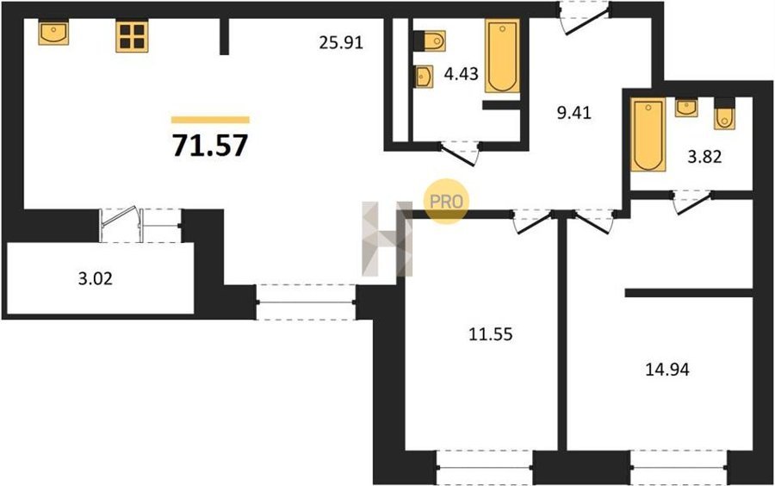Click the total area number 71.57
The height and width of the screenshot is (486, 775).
coord(210,146)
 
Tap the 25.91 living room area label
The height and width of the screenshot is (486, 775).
coord(341,43)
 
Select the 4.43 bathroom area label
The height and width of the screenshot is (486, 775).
coord(462,74)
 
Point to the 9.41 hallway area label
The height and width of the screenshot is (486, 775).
coord(573,113)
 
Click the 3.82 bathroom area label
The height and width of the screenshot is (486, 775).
coord(704,157)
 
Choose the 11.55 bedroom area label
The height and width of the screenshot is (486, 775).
coord(490,334)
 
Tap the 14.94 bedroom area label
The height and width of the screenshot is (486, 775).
coord(667,370)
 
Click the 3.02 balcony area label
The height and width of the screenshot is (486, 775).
coord(96,279)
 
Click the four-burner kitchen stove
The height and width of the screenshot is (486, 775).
coord(132,36)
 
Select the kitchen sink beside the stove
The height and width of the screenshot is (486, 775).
coord(53,33)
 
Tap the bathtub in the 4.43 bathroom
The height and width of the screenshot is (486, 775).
coord(502,56)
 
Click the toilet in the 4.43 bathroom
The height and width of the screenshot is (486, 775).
coord(430,41)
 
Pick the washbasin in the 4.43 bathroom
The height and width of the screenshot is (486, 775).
coord(424,77)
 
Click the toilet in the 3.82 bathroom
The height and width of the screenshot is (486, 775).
coord(724,114)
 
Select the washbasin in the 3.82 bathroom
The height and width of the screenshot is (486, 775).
coord(686,108)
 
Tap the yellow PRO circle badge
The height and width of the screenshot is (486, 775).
coord(446,202)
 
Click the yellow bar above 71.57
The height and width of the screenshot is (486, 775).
coord(211,120)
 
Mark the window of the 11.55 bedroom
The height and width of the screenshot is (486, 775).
coord(484,467)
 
